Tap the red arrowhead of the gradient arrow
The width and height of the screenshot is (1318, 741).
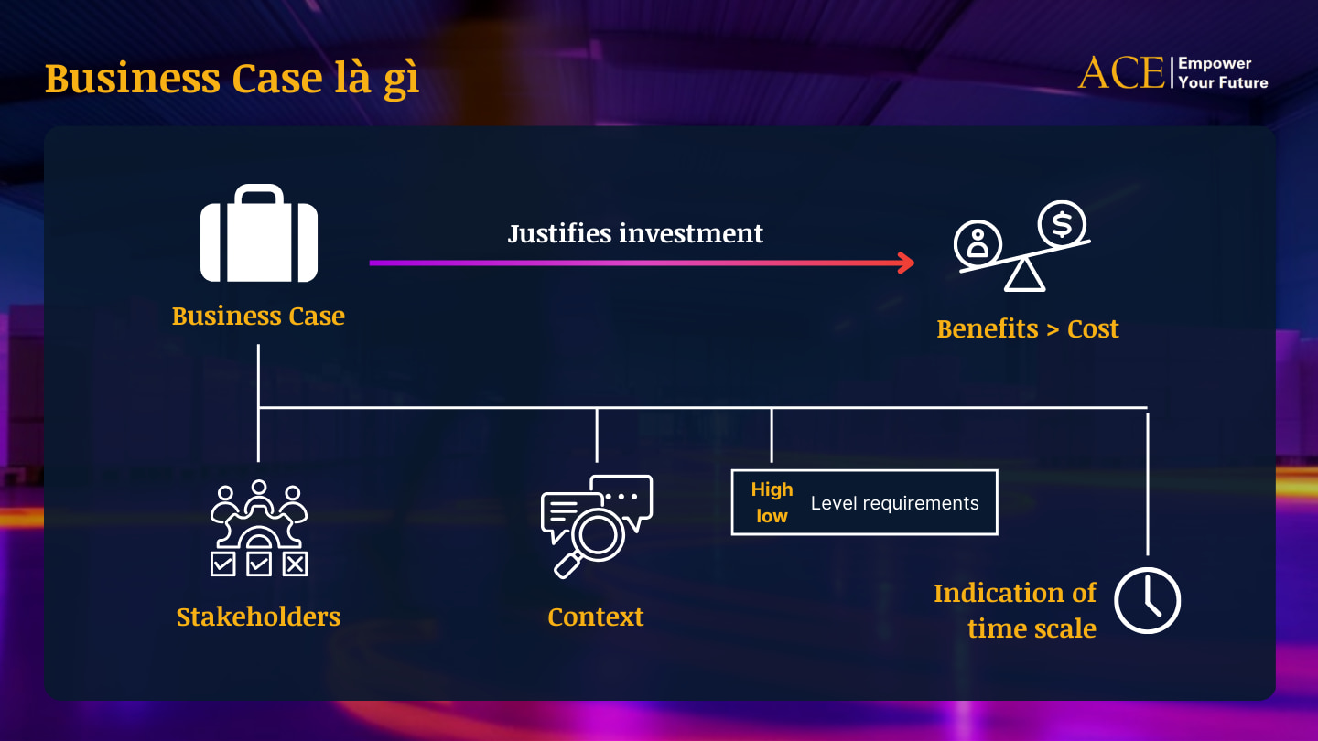[905, 263]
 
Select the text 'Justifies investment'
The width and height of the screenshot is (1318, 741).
[635, 233]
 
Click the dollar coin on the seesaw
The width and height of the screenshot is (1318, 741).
[1062, 222]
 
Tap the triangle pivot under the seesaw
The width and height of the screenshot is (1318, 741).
[1024, 275]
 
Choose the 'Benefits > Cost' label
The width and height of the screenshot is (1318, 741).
[1027, 328]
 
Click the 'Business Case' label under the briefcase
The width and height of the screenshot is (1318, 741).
[258, 316]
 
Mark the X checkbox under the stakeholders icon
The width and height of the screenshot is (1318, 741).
[295, 564]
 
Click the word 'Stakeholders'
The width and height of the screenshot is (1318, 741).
[258, 617]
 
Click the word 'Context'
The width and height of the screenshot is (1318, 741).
[595, 617]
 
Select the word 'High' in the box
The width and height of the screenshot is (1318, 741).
[772, 489]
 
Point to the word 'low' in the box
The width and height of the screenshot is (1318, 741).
[772, 516]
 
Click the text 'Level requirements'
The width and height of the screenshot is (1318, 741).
[894, 503]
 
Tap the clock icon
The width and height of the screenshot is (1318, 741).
[1147, 600]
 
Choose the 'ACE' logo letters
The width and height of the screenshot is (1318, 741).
[1120, 73]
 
